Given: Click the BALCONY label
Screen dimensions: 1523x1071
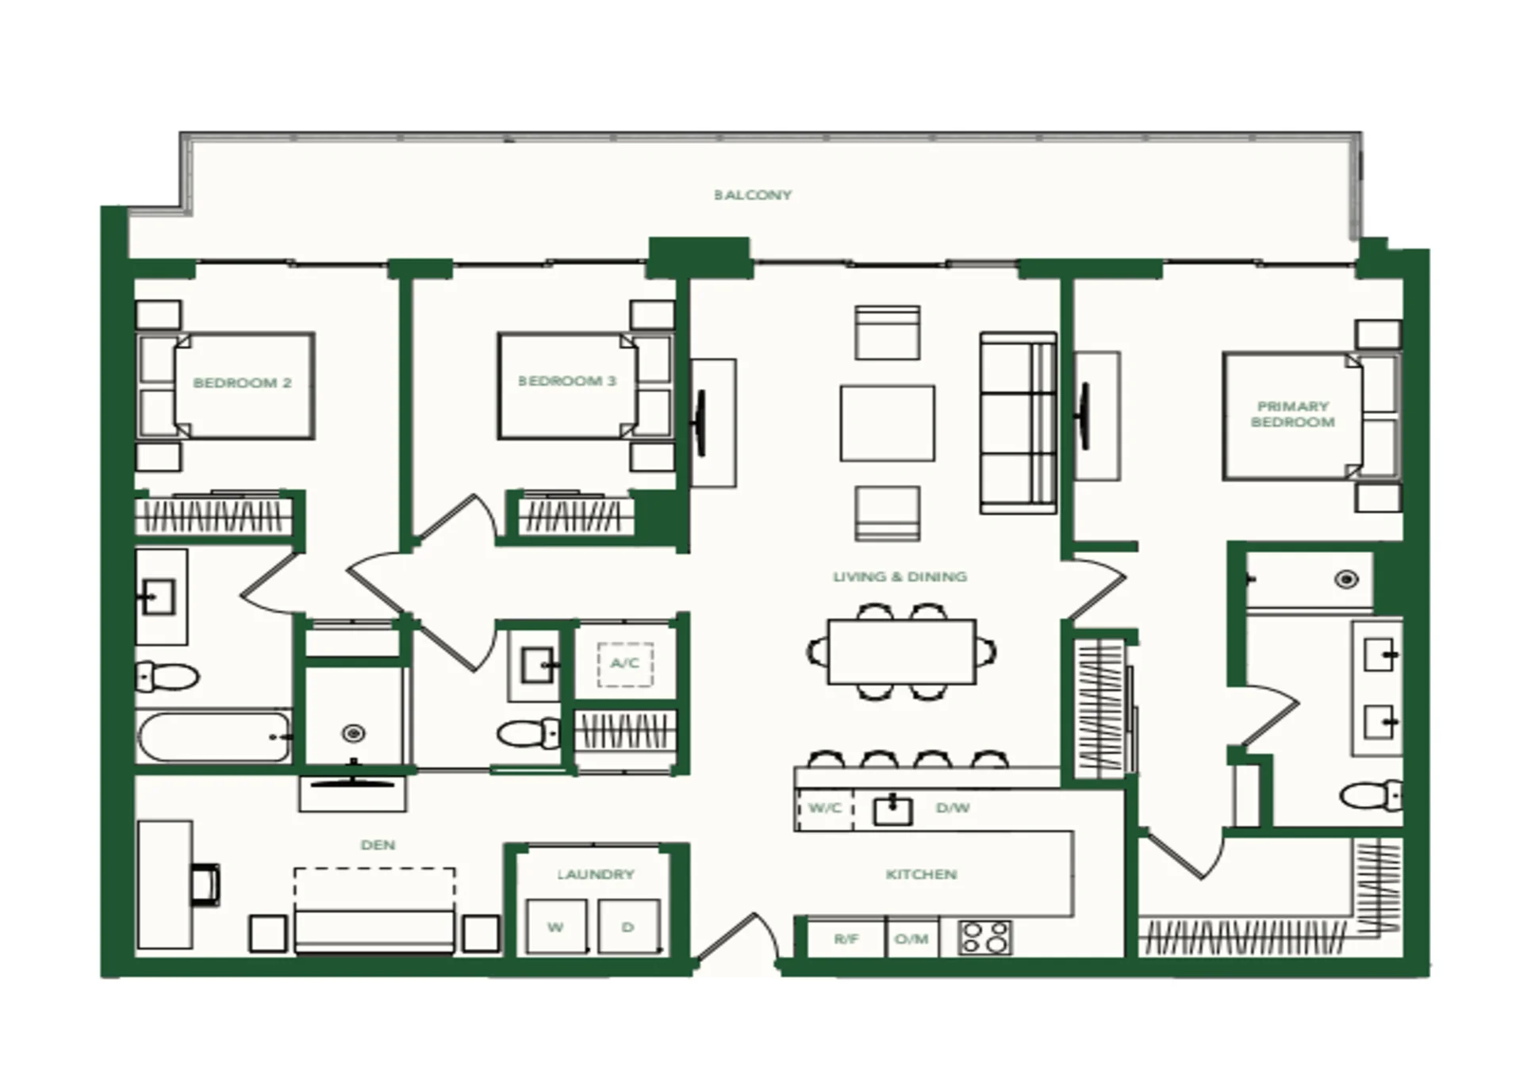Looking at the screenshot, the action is point(753,195).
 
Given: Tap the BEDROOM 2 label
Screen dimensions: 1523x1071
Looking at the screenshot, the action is point(243,383).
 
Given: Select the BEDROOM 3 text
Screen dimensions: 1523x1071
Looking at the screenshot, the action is point(567,382).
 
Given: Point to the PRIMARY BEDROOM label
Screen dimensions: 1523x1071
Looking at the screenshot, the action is point(1293,414).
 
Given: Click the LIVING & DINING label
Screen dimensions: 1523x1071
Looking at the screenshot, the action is point(900,577).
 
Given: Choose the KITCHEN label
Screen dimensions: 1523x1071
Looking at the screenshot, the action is point(921,874).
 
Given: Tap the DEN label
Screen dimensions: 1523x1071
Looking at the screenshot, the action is point(378,845).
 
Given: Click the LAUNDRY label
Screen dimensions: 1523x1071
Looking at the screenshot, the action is point(596,874).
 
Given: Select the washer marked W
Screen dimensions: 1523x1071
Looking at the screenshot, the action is point(556,927).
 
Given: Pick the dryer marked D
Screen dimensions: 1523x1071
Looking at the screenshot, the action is point(628,927).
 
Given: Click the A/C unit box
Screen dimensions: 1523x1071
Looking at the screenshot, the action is point(625,664).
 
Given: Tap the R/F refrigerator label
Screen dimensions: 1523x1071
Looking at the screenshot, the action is point(846,939).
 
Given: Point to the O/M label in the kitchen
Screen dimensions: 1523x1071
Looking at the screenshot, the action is point(911,939).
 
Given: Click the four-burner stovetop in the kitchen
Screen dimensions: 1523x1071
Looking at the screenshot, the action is point(985,938).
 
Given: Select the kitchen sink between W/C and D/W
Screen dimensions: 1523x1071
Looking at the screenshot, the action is point(893,810).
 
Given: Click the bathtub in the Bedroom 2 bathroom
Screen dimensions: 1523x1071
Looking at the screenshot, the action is point(215,737).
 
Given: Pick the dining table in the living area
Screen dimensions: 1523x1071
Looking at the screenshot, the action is point(902,652).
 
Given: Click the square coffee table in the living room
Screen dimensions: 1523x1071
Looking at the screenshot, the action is point(888,423).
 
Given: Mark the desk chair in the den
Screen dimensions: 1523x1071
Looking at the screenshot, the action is point(205,885).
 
